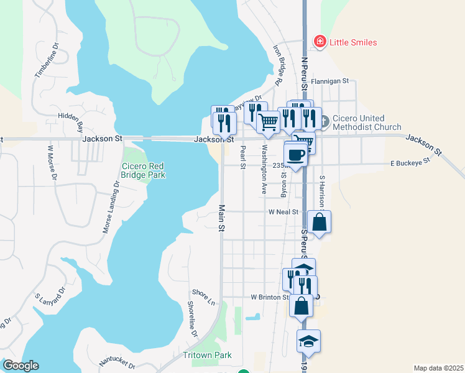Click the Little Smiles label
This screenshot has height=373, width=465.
coord(352,42)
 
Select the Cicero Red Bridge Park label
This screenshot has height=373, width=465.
coord(144,170)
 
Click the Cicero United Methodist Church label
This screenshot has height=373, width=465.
coord(367,122)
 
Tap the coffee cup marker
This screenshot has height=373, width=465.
coord(295,154)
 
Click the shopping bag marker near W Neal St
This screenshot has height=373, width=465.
coord(319,222)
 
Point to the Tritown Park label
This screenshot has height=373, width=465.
coord(207,355)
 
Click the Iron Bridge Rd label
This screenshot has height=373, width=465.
coord(278,64)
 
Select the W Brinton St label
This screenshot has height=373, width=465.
coord(270,297)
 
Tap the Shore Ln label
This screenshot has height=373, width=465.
coord(203,292)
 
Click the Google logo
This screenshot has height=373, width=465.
coord(21,366)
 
